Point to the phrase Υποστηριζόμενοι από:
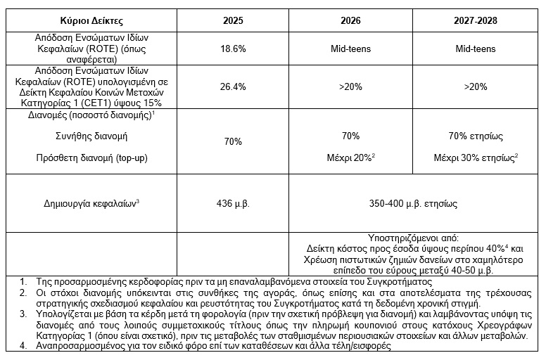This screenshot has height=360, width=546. point(411,238)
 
